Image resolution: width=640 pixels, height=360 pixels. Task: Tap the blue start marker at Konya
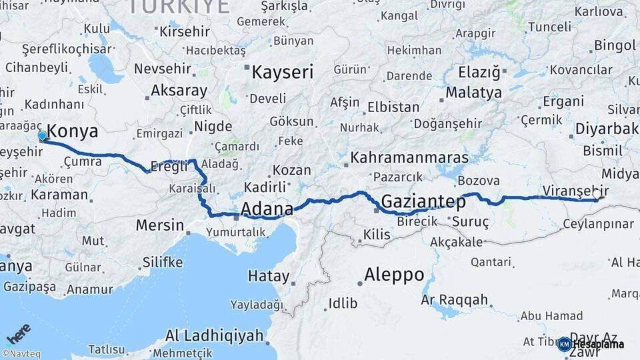(43, 136)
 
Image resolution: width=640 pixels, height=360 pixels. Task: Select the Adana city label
(267, 209)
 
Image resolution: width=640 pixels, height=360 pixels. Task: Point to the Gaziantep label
(423, 201)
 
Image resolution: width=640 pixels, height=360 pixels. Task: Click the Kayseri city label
(282, 72)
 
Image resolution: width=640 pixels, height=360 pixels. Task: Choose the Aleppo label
(394, 274)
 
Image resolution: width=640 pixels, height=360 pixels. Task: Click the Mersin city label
(159, 225)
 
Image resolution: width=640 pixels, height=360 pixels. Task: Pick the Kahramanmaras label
(409, 158)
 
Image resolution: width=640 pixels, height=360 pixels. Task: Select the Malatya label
(473, 92)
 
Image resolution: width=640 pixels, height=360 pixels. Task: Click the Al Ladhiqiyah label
(215, 335)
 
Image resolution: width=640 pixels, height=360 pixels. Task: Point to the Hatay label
(269, 276)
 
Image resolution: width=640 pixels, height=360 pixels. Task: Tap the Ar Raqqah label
(455, 300)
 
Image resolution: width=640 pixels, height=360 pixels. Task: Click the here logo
(19, 334)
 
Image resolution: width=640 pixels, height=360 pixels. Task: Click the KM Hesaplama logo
(591, 344)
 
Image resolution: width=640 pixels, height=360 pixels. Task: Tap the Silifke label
(161, 262)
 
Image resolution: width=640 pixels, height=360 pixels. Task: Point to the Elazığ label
(479, 71)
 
